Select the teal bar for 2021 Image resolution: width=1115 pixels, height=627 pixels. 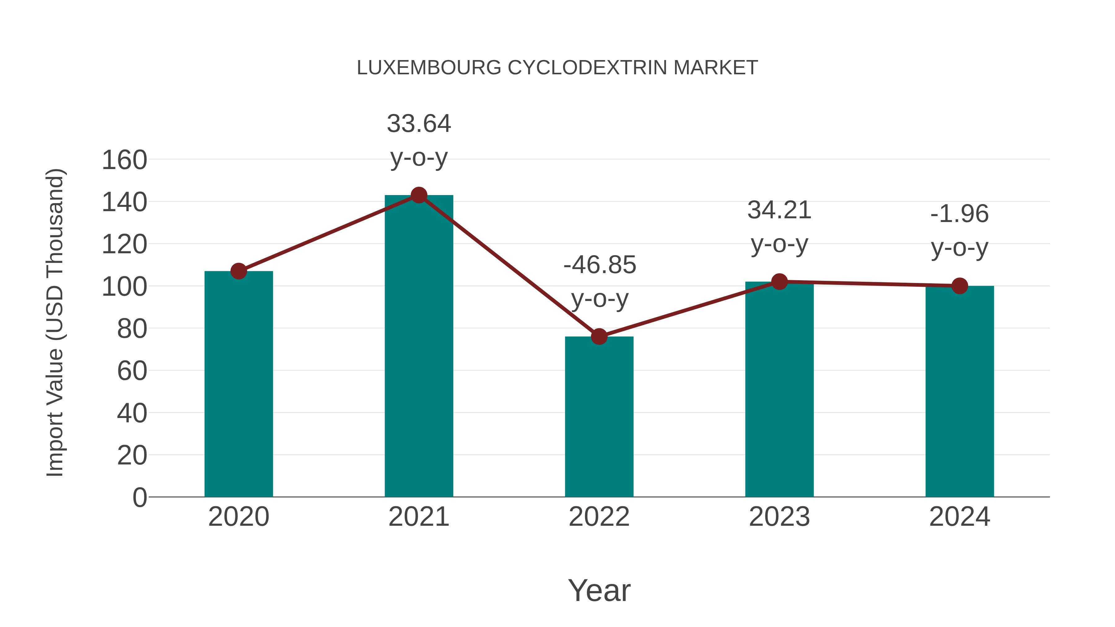[418, 346]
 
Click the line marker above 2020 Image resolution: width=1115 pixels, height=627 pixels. [238, 271]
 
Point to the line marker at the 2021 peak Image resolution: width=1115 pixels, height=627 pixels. [418, 195]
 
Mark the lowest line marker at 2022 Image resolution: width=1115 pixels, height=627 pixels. [599, 336]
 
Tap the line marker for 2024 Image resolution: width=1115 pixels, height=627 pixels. [960, 285]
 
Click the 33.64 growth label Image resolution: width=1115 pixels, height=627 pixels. [418, 124]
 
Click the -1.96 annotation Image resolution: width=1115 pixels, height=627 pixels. [960, 214]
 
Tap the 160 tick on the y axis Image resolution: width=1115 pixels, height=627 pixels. [124, 160]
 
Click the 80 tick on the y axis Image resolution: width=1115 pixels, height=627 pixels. [132, 329]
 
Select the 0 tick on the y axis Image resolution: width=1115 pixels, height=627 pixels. [139, 497]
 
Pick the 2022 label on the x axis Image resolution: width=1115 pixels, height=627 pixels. [599, 517]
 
